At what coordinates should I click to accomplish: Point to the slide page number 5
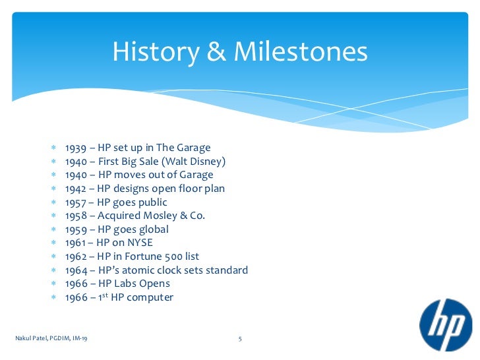[240, 339]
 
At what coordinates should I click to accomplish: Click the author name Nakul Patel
[32, 339]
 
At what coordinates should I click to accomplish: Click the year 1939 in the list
[76, 147]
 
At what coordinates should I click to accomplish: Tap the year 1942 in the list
[76, 189]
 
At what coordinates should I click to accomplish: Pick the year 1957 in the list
[76, 202]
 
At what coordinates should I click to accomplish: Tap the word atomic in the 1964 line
[140, 270]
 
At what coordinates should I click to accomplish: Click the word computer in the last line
[150, 297]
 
